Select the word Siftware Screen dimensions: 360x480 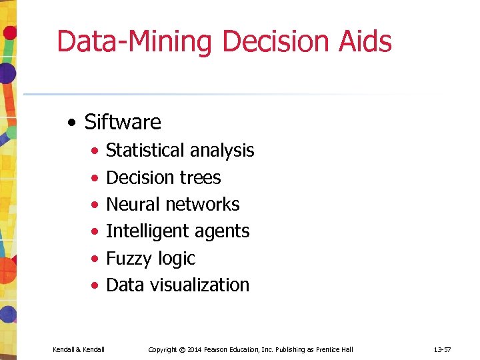tap(123, 122)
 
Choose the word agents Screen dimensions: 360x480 tap(219, 232)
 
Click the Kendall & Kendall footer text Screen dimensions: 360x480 tap(78, 349)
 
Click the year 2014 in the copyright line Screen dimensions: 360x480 tap(195, 349)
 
